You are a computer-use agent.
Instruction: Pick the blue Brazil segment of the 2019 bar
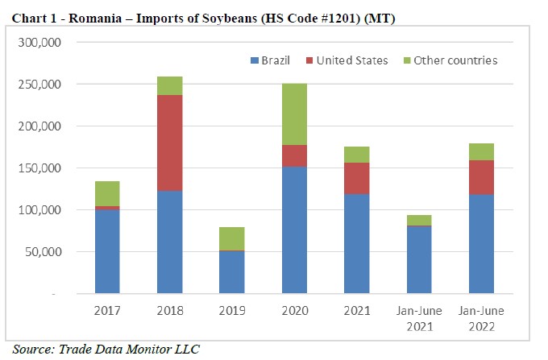[x=231, y=272]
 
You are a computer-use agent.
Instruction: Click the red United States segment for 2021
[x=356, y=178]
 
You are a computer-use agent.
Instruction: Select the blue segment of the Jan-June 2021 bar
[x=419, y=260]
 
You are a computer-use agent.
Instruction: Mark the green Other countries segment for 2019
[x=231, y=238]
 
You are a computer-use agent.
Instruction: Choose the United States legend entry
[x=347, y=60]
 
